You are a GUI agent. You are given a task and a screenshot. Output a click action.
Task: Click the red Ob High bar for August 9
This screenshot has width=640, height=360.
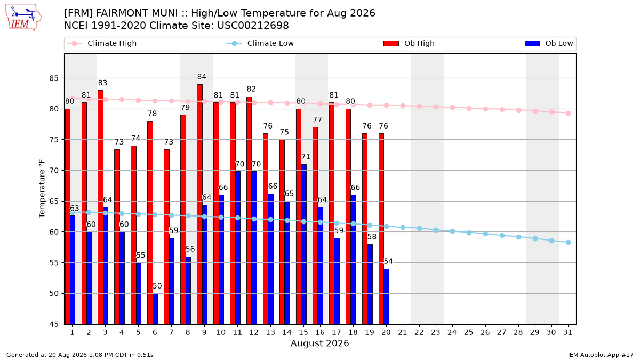199,204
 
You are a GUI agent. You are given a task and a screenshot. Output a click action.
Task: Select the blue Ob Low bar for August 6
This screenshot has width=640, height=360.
155,309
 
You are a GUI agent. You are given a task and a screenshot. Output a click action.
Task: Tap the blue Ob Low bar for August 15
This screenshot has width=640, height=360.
303,244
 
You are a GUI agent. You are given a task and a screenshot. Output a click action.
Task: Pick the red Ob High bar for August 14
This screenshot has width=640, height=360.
282,232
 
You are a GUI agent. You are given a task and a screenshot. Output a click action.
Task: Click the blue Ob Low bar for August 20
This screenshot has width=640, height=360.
386,297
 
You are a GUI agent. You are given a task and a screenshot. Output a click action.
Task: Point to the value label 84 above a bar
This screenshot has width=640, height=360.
202,77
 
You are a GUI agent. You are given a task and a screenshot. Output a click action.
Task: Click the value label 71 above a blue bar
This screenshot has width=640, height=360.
306,157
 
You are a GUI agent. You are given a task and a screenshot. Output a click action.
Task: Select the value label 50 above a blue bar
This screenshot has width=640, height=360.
157,286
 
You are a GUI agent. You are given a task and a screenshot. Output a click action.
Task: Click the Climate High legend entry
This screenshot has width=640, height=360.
102,43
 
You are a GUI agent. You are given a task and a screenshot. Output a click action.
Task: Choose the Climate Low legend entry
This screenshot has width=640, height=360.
260,43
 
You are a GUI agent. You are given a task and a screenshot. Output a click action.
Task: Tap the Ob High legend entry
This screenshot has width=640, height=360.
409,43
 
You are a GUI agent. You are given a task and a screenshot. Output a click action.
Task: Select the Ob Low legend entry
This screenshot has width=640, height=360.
549,43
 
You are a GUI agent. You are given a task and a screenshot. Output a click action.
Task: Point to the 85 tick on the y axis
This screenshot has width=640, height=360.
54,78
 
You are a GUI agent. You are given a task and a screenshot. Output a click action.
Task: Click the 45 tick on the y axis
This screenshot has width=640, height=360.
54,324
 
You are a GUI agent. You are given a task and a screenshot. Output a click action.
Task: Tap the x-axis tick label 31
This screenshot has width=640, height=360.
567,332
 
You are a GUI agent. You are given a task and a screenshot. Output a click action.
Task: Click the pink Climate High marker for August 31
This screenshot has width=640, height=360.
568,114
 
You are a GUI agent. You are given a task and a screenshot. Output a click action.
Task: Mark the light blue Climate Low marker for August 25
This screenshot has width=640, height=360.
469,233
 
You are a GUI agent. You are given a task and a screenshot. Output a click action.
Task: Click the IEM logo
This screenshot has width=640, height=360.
23,18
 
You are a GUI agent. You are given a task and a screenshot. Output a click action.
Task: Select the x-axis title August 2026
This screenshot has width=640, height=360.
319,343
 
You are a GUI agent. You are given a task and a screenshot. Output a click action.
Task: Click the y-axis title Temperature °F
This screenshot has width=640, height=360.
42,189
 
